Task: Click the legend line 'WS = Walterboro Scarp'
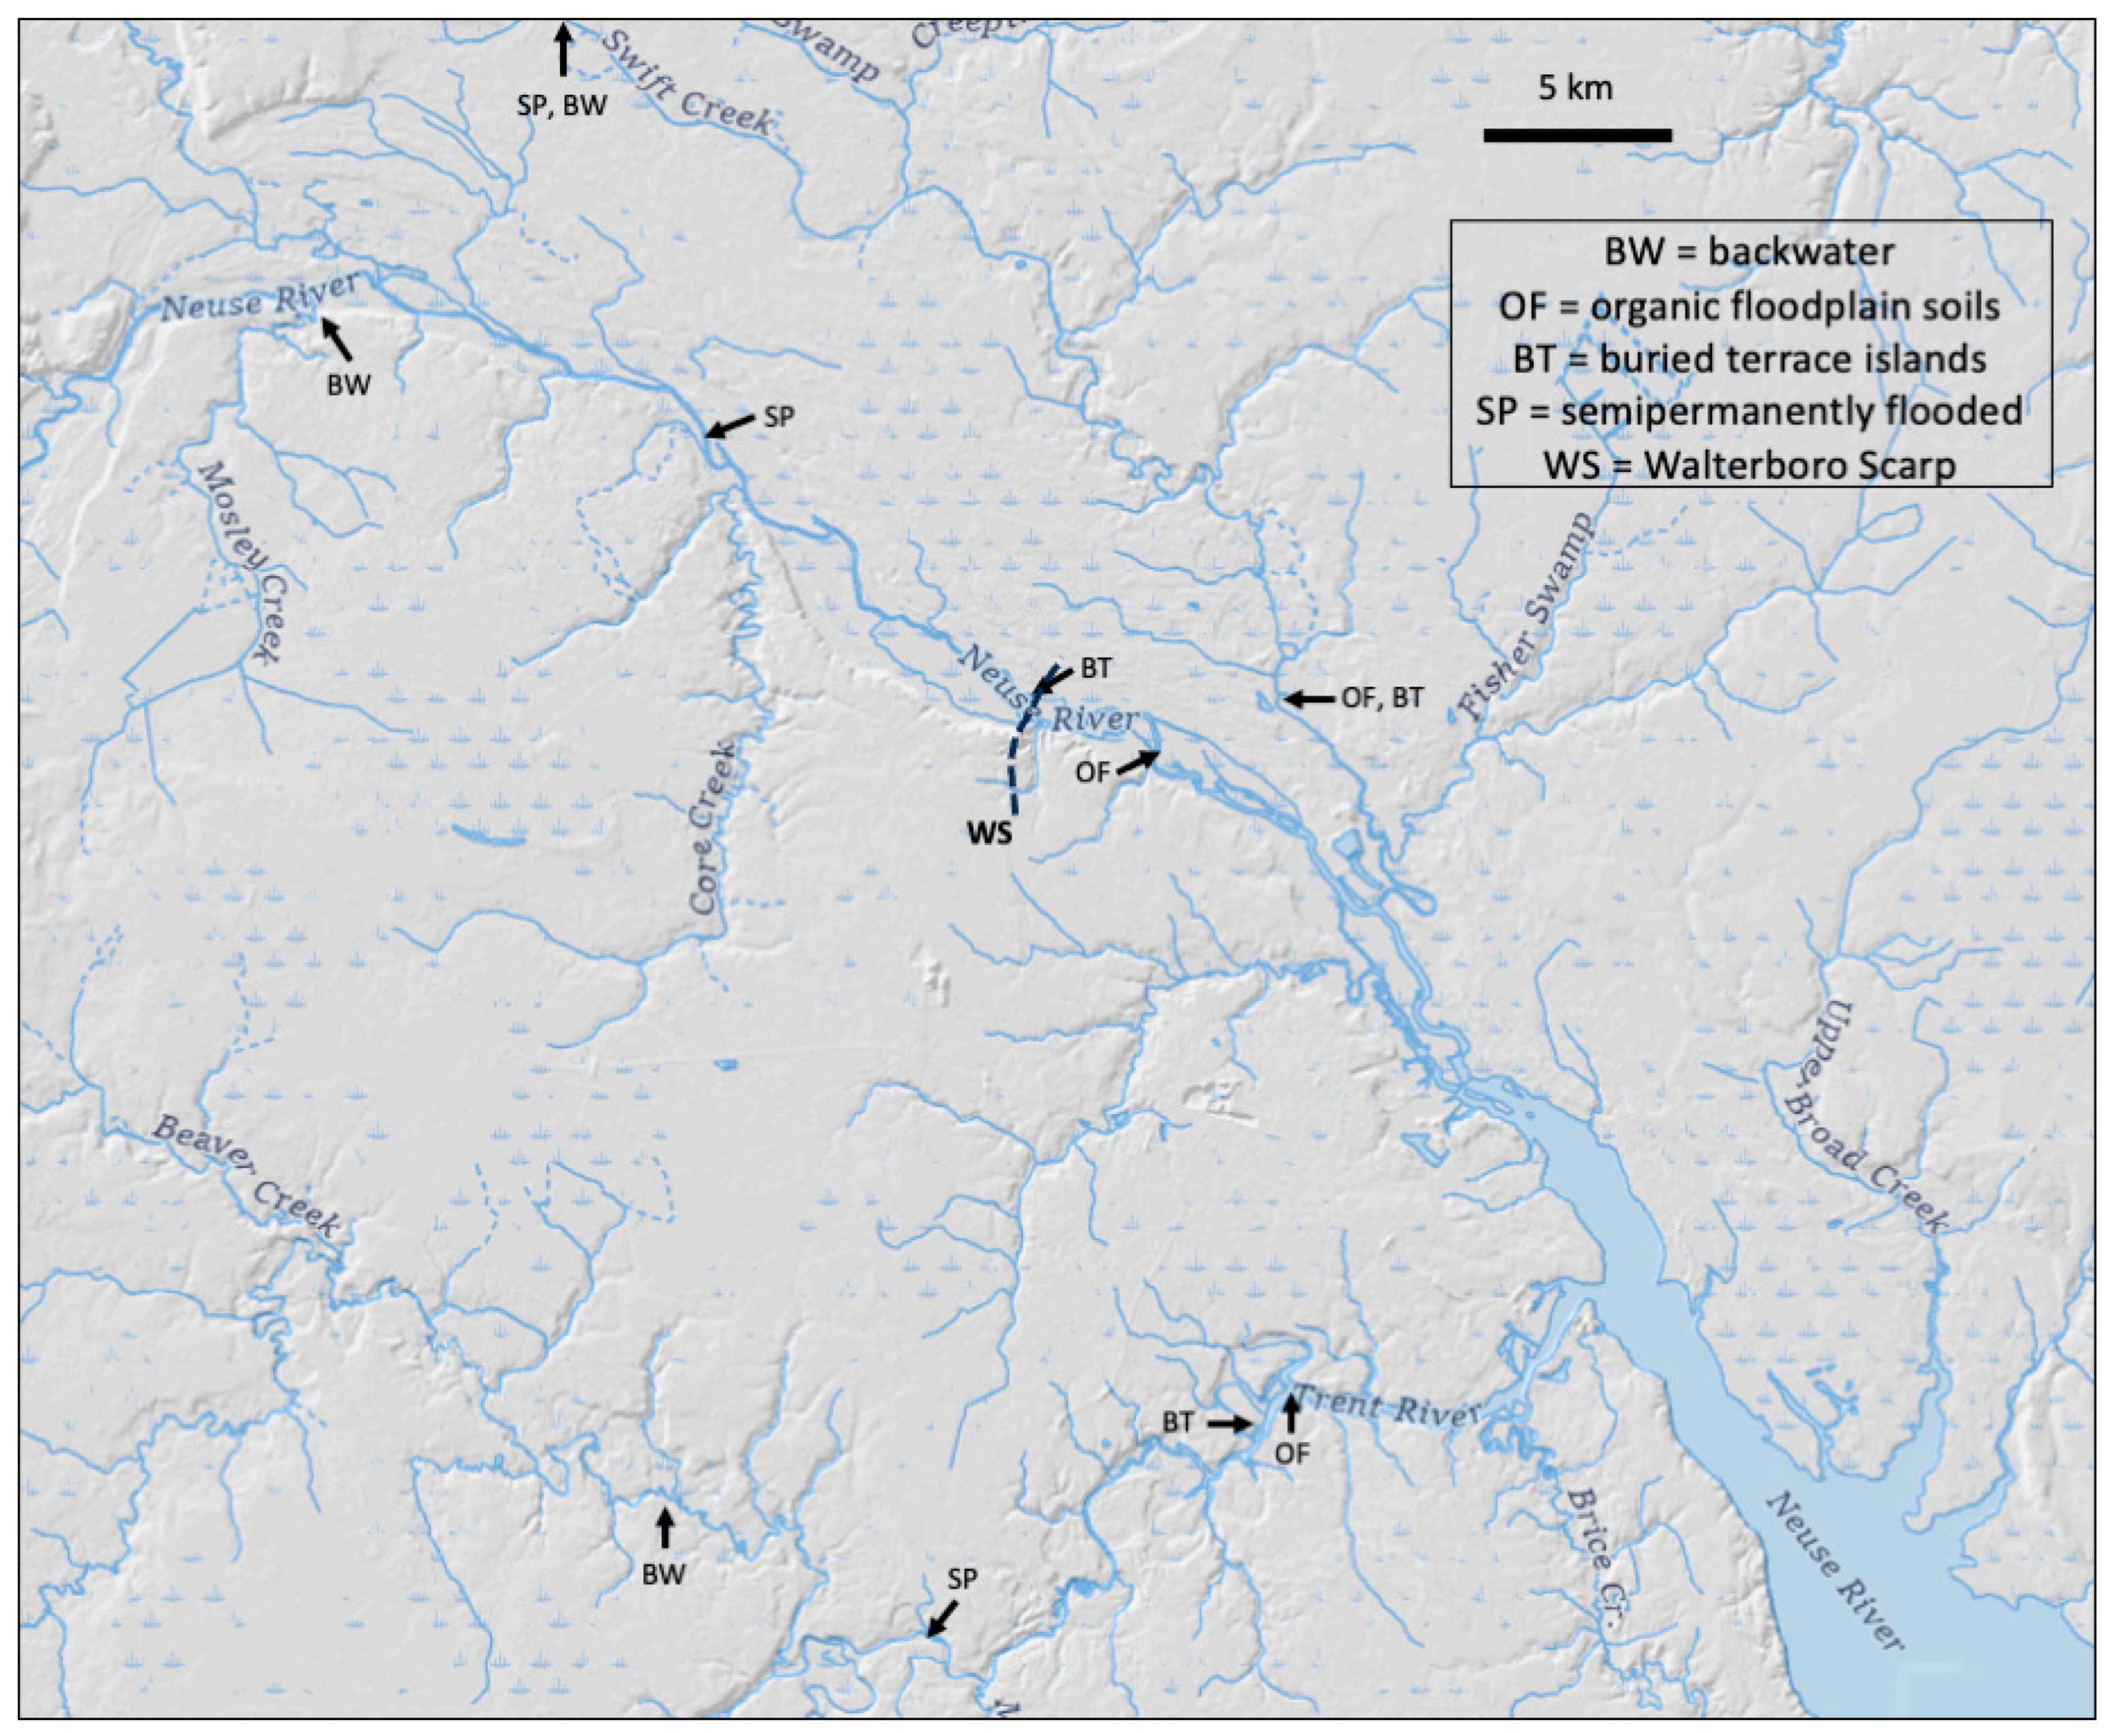point(1750,465)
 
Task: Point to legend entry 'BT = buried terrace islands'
point(1750,359)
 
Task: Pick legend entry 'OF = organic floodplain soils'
point(1750,306)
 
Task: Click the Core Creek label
point(716,828)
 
